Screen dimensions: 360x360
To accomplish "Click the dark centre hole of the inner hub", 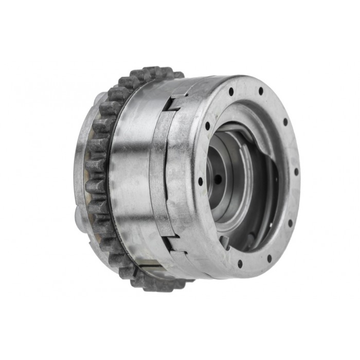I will pyautogui.click(x=218, y=178).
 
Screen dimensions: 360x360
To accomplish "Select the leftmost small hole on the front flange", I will pyautogui.click(x=201, y=181).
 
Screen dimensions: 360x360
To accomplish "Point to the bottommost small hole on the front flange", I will pyautogui.click(x=240, y=263).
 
